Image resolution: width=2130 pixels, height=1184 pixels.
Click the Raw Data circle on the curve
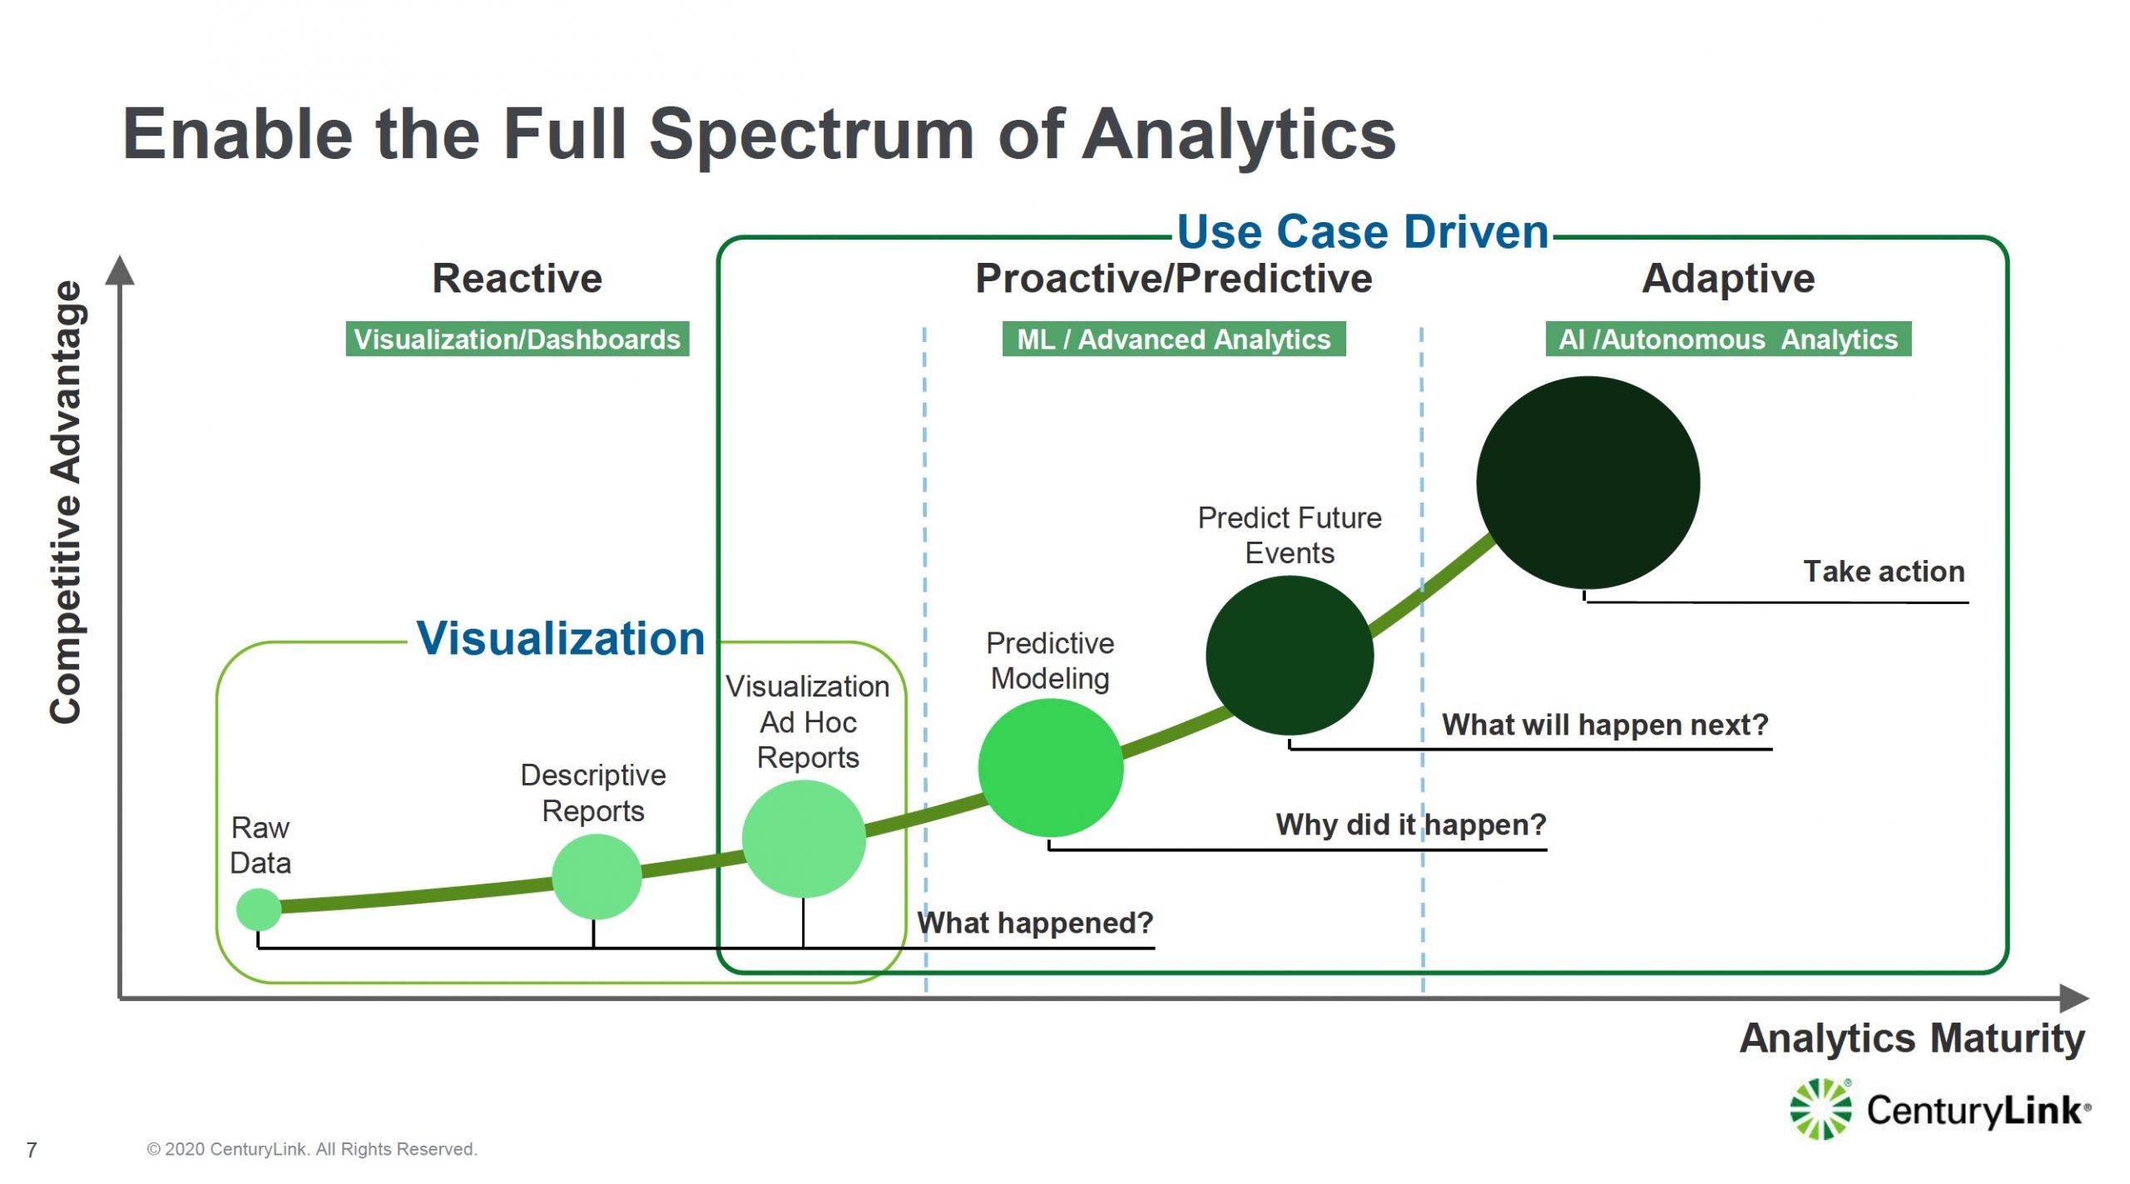[x=259, y=909]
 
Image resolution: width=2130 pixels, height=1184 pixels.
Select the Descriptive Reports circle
[x=597, y=876]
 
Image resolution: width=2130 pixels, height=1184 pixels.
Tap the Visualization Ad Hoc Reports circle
[x=804, y=839]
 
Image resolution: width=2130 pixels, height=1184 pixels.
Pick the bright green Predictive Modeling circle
[x=1051, y=767]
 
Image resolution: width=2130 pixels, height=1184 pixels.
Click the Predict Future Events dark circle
[x=1290, y=656]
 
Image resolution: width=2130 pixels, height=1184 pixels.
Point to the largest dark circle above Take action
[x=1588, y=483]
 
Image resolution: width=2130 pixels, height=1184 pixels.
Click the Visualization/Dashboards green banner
[x=518, y=339]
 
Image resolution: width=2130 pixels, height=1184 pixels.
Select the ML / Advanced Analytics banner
[x=1174, y=339]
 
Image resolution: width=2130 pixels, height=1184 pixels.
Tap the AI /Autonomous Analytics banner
[x=1728, y=339]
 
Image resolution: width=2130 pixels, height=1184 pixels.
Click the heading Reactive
[x=517, y=278]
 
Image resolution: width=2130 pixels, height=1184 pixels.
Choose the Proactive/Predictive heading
[x=1173, y=278]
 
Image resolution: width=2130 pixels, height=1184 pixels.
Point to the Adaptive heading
[x=1728, y=278]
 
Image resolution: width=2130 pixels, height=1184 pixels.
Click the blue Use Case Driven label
[x=1363, y=231]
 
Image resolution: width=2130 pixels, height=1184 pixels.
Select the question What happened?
[x=1035, y=923]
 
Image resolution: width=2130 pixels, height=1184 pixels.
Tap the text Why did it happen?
[x=1411, y=825]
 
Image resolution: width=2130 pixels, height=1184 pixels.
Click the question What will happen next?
[x=1605, y=725]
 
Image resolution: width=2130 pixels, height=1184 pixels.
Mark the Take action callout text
[x=1884, y=572]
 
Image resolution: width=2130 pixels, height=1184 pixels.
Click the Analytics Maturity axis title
[x=1912, y=1039]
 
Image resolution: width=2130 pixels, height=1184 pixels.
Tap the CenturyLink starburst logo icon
[x=1821, y=1108]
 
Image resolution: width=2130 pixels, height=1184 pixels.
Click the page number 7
[x=32, y=1150]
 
